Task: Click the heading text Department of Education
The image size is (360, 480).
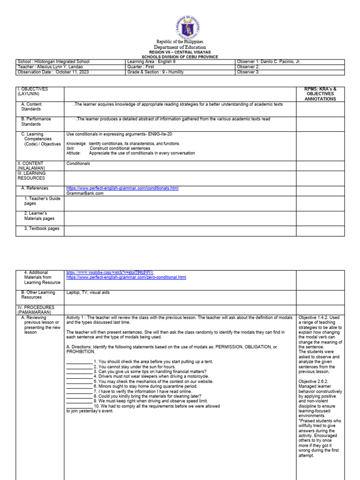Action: coord(180,47)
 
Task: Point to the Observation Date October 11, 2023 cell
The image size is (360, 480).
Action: coord(52,72)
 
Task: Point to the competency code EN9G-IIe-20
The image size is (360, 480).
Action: coord(161,134)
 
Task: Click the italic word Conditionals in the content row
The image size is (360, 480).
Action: coord(78,164)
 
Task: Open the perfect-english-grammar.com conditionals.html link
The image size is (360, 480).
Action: coord(122,188)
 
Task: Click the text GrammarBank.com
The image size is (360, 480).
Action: coord(85,193)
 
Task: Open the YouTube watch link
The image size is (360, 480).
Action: coord(110,272)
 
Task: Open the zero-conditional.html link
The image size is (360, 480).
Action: coord(126,277)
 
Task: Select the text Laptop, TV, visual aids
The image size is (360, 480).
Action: coord(89,292)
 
